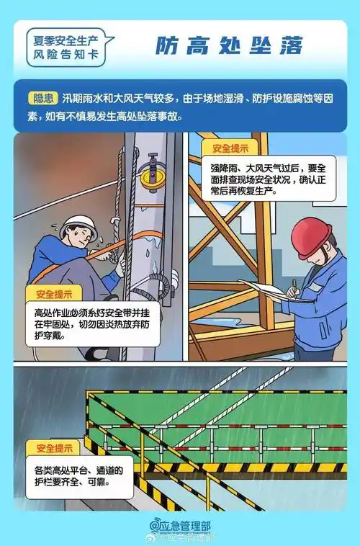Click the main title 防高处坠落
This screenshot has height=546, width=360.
click(x=230, y=45)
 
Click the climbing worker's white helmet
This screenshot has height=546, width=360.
click(x=78, y=225)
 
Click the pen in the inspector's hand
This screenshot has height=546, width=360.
click(x=294, y=286)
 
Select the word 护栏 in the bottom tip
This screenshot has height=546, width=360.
click(x=46, y=483)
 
